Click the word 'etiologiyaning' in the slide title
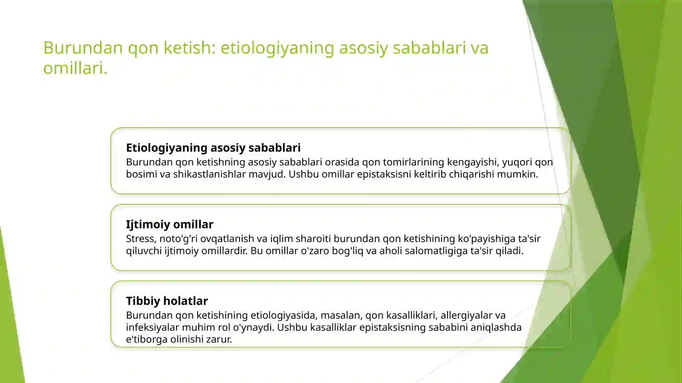click(x=277, y=48)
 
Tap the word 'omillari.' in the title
click(x=75, y=68)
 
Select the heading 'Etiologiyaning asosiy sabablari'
click(x=213, y=148)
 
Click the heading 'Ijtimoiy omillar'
click(x=169, y=225)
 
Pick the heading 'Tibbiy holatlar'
click(x=167, y=301)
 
